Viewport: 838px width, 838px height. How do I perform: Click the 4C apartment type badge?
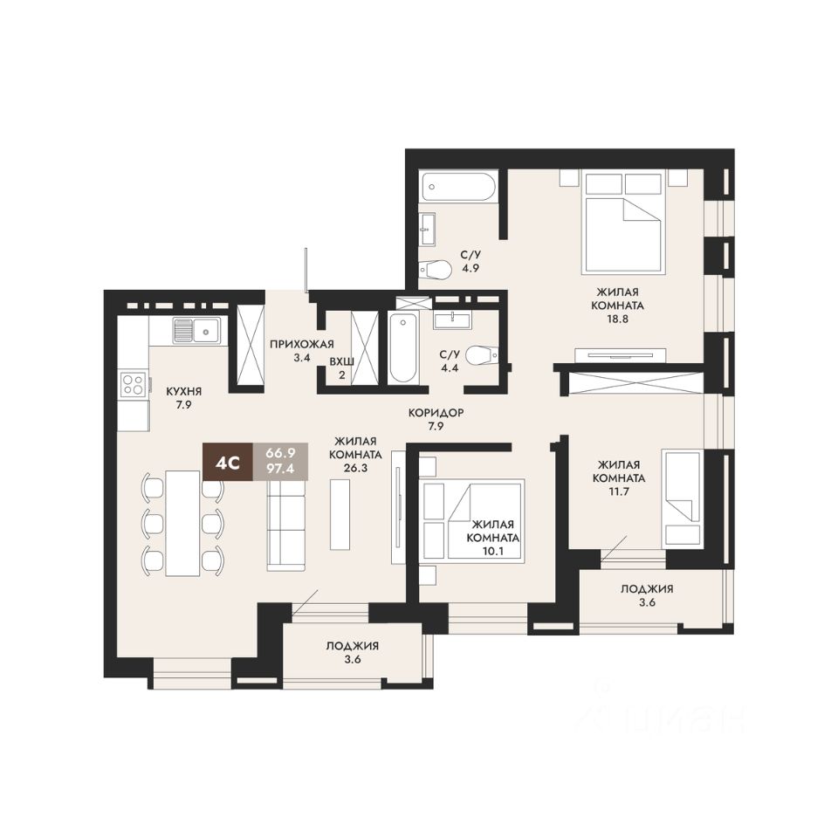pyautogui.click(x=228, y=463)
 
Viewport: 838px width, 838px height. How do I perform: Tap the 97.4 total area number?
pyautogui.click(x=280, y=470)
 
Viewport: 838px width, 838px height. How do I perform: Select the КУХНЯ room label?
pyautogui.click(x=184, y=391)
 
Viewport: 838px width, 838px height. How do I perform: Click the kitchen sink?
pyautogui.click(x=196, y=330)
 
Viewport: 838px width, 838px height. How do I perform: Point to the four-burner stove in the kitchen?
pyautogui.click(x=133, y=384)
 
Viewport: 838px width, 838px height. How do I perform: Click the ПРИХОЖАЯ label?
pyautogui.click(x=302, y=344)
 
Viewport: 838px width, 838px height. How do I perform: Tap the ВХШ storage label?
pyautogui.click(x=341, y=361)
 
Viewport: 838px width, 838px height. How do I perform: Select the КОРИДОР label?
pyautogui.click(x=436, y=413)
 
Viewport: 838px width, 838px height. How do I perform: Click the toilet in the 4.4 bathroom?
pyautogui.click(x=482, y=355)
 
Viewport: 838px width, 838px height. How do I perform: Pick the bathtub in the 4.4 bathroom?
pyautogui.click(x=402, y=348)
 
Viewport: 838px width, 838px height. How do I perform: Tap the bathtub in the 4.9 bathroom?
pyautogui.click(x=458, y=187)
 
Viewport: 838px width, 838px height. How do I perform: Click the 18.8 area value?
pyautogui.click(x=617, y=319)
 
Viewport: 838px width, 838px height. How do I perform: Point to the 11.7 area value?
pyautogui.click(x=619, y=491)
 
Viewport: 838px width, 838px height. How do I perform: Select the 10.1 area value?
pyautogui.click(x=492, y=552)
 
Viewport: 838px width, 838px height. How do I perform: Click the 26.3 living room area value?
pyautogui.click(x=355, y=468)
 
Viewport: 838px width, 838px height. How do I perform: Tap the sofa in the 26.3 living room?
pyautogui.click(x=286, y=524)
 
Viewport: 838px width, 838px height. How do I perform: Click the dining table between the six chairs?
pyautogui.click(x=182, y=523)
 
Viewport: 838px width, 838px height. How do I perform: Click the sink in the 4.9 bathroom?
pyautogui.click(x=427, y=229)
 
